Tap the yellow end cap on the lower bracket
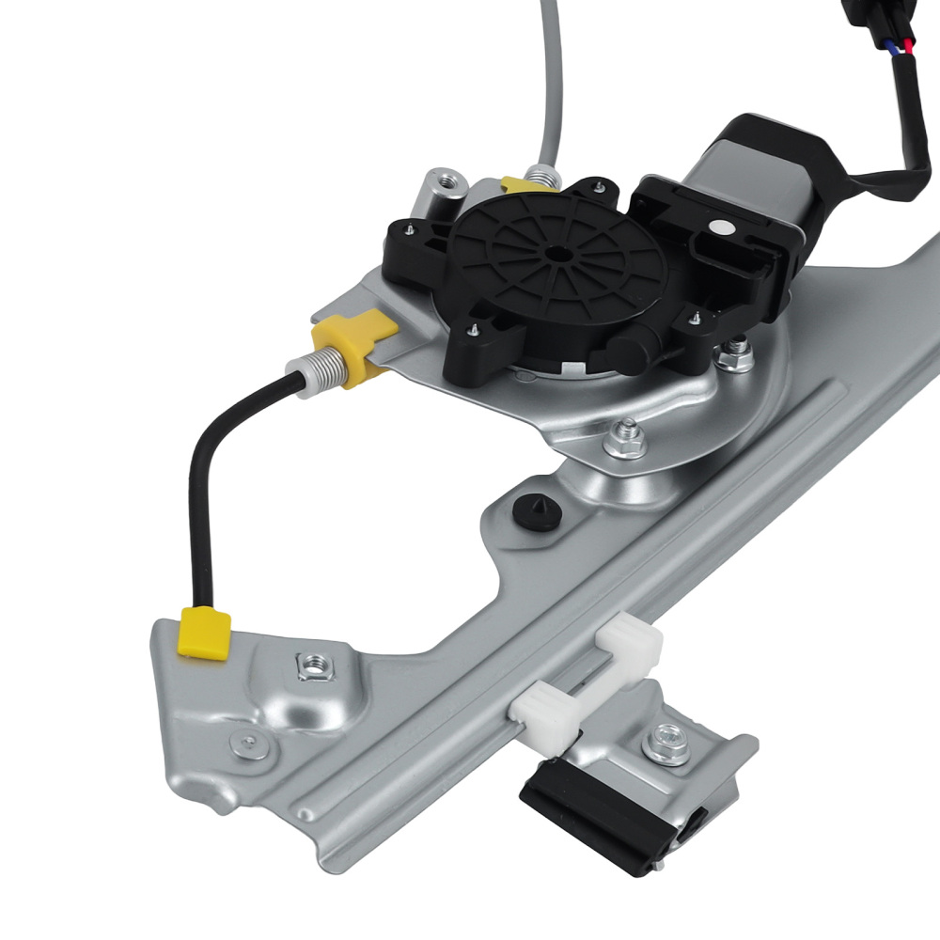[x=206, y=633]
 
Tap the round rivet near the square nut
[x=248, y=743]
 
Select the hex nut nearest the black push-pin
[x=625, y=437]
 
